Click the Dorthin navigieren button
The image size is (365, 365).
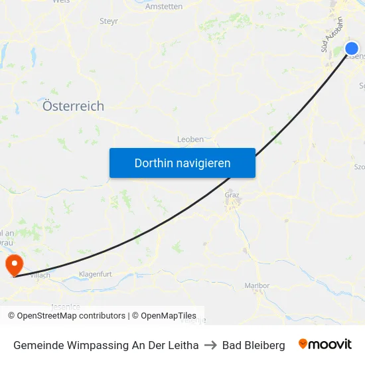click(x=183, y=163)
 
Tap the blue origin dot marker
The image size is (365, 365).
click(x=352, y=48)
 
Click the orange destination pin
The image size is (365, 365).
click(x=13, y=266)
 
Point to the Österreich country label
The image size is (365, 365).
click(x=73, y=106)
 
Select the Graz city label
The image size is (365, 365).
click(x=232, y=195)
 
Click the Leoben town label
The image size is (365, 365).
click(x=190, y=139)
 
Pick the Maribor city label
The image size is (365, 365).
click(x=257, y=286)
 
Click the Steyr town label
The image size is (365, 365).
click(x=109, y=21)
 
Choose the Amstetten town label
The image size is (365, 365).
click(x=164, y=7)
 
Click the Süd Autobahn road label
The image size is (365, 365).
click(x=330, y=35)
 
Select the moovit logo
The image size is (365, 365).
click(x=325, y=344)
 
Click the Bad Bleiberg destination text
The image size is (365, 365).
click(x=254, y=345)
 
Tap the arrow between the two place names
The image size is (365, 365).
click(x=210, y=345)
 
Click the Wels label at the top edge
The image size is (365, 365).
click(x=60, y=2)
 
